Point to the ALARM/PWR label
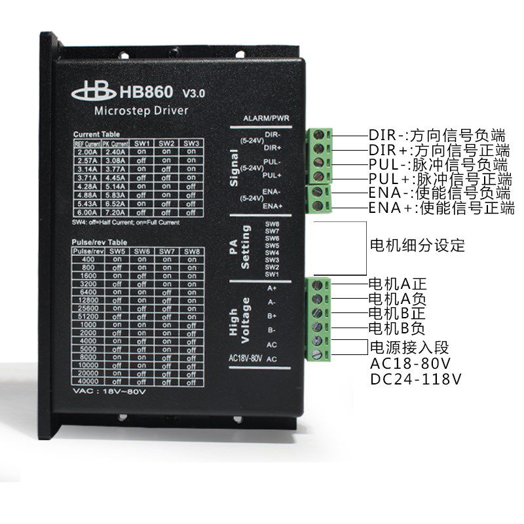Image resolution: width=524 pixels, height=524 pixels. point(267,119)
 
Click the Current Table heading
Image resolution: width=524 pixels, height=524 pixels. point(96,134)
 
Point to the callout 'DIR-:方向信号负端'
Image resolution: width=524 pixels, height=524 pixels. point(437,136)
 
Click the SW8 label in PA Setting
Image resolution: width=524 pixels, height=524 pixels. point(272,224)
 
